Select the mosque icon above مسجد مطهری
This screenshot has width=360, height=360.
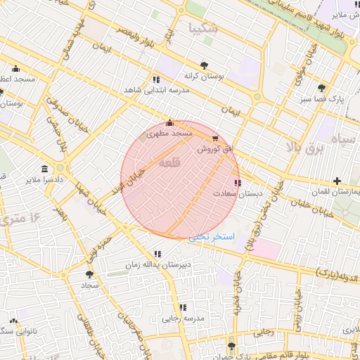click(x=169, y=122)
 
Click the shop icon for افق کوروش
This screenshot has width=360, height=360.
click(x=214, y=139)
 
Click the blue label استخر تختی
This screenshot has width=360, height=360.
click(x=208, y=237)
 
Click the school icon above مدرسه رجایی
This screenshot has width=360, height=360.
click(x=183, y=307)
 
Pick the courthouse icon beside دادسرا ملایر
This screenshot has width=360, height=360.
click(x=45, y=169)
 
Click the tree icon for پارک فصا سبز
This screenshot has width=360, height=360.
click(x=321, y=88)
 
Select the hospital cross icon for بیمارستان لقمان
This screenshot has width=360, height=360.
click(x=337, y=181)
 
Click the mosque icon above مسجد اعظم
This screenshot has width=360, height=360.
click(x=15, y=69)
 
